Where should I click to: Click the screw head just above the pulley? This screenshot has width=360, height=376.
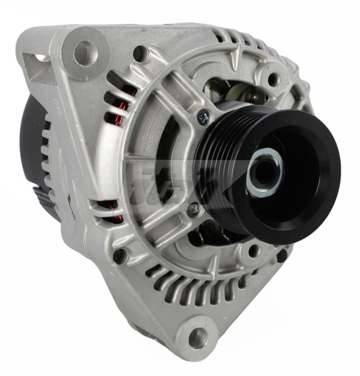(203, 116)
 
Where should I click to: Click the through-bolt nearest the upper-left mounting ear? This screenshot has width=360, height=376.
(140, 55)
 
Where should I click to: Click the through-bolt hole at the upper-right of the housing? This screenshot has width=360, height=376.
(274, 80)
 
